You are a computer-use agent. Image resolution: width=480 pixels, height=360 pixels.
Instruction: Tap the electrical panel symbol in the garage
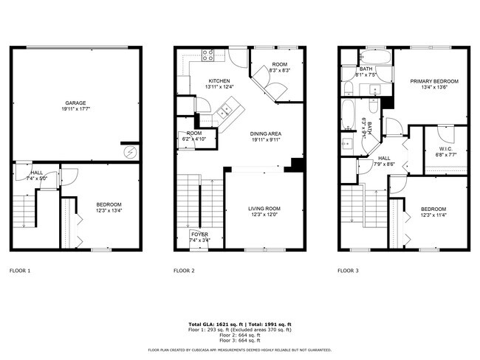(x=131, y=152)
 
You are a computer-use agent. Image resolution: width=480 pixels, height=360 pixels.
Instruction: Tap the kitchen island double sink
(x=224, y=111)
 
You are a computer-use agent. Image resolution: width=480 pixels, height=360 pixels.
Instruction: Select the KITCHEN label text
(x=219, y=81)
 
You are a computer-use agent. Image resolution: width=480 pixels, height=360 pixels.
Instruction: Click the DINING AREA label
(x=266, y=134)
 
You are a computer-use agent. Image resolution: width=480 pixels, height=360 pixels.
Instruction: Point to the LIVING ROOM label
(x=264, y=210)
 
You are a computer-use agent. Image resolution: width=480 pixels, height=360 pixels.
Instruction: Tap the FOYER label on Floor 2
(x=198, y=235)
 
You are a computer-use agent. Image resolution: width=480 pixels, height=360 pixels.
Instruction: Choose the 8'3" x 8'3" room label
(x=280, y=70)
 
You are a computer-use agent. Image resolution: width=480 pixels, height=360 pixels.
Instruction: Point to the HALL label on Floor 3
(x=384, y=158)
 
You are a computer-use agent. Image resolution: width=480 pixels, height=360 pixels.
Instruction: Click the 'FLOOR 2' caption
(x=184, y=271)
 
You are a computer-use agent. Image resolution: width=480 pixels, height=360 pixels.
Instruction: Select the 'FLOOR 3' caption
(x=348, y=271)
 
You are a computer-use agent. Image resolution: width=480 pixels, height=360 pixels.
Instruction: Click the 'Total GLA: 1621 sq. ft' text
(x=213, y=325)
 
